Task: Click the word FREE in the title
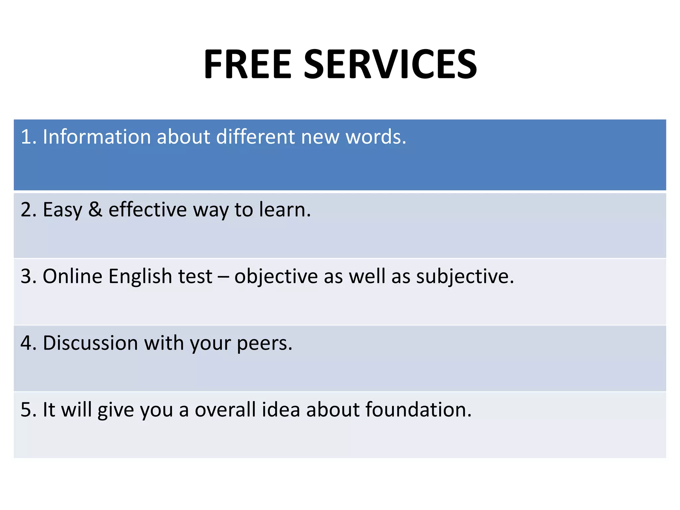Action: point(247,64)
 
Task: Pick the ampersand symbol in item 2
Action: point(95,210)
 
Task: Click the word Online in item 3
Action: point(72,276)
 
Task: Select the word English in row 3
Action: point(140,277)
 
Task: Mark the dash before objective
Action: point(223,277)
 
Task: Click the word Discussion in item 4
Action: point(90,343)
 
